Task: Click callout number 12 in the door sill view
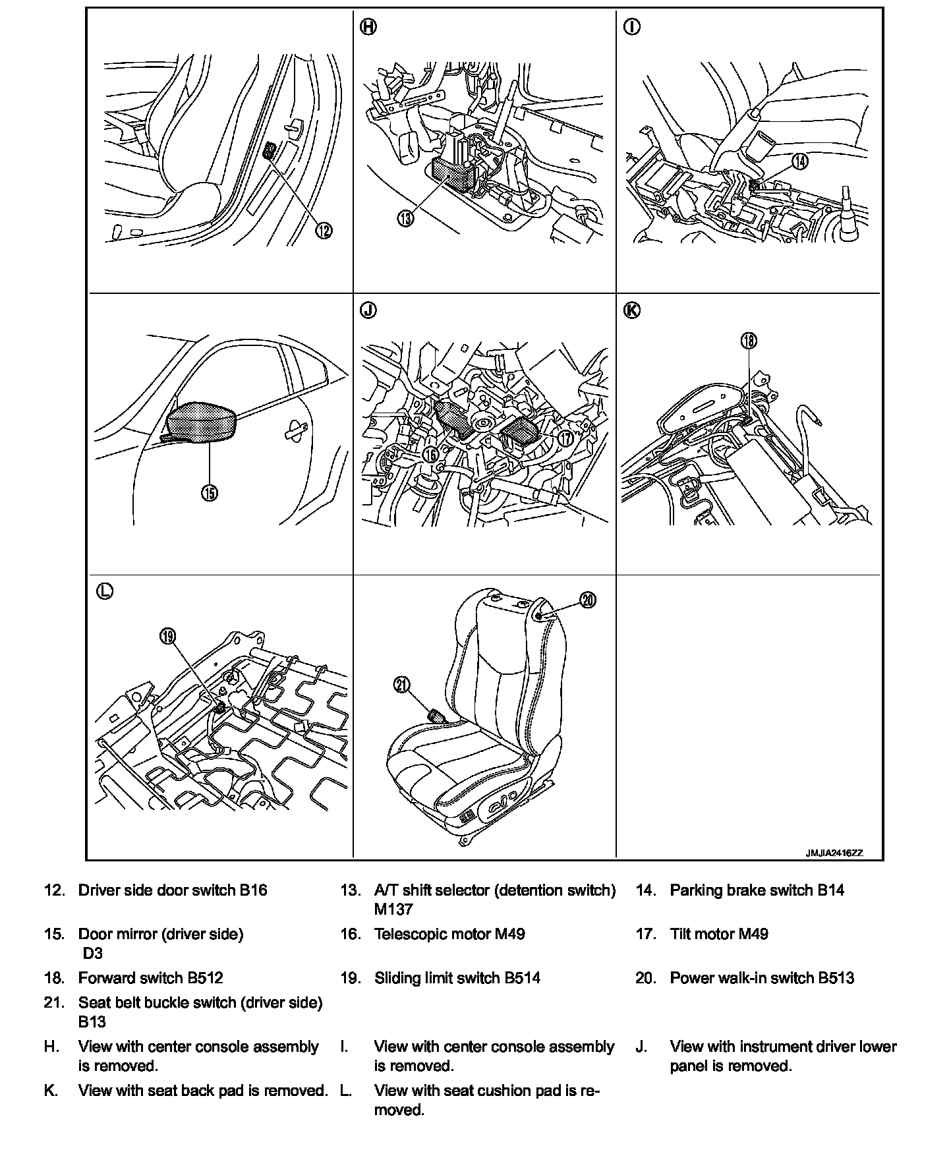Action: point(324,230)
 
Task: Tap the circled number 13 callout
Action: point(405,217)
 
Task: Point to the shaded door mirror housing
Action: point(202,422)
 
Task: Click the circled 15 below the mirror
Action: point(210,493)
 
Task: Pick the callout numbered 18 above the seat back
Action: point(749,340)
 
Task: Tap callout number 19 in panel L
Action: point(168,636)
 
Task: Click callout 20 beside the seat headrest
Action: point(588,599)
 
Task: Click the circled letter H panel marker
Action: point(369,28)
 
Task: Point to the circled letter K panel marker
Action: point(631,310)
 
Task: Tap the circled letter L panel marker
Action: point(105,591)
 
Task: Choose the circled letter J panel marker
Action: point(369,310)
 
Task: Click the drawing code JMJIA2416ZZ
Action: point(833,853)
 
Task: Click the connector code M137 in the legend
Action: point(393,909)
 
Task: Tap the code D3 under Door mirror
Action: point(93,953)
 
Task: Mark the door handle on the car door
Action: point(294,430)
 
